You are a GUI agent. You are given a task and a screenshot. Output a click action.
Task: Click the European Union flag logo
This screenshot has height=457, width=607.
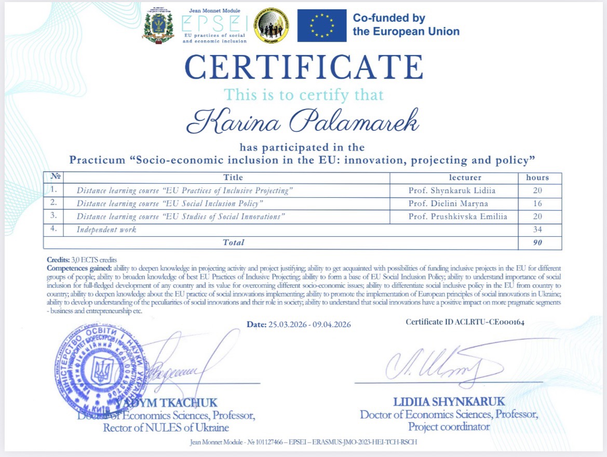321,25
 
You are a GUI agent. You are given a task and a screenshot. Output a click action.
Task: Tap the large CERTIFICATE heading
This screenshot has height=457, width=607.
304,68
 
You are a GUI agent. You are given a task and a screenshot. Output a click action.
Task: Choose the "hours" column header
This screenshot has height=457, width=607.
537,178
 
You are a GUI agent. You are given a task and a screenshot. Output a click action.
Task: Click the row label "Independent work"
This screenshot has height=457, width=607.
106,229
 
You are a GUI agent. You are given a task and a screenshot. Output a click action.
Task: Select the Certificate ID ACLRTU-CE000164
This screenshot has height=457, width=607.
465,322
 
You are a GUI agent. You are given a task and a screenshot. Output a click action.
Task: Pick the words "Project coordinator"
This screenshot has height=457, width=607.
449,427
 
